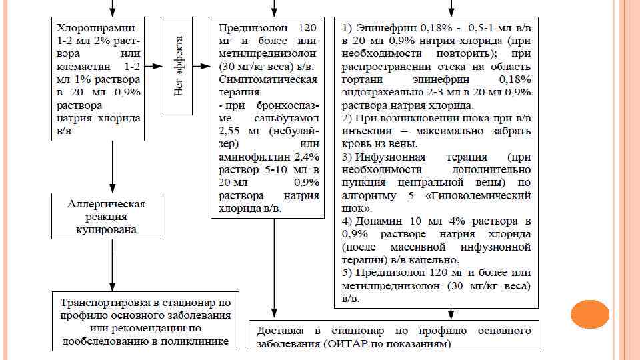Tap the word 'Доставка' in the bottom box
(x=279, y=331)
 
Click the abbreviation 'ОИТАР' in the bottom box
(x=361, y=344)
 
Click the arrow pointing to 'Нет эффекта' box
(x=154, y=66)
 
